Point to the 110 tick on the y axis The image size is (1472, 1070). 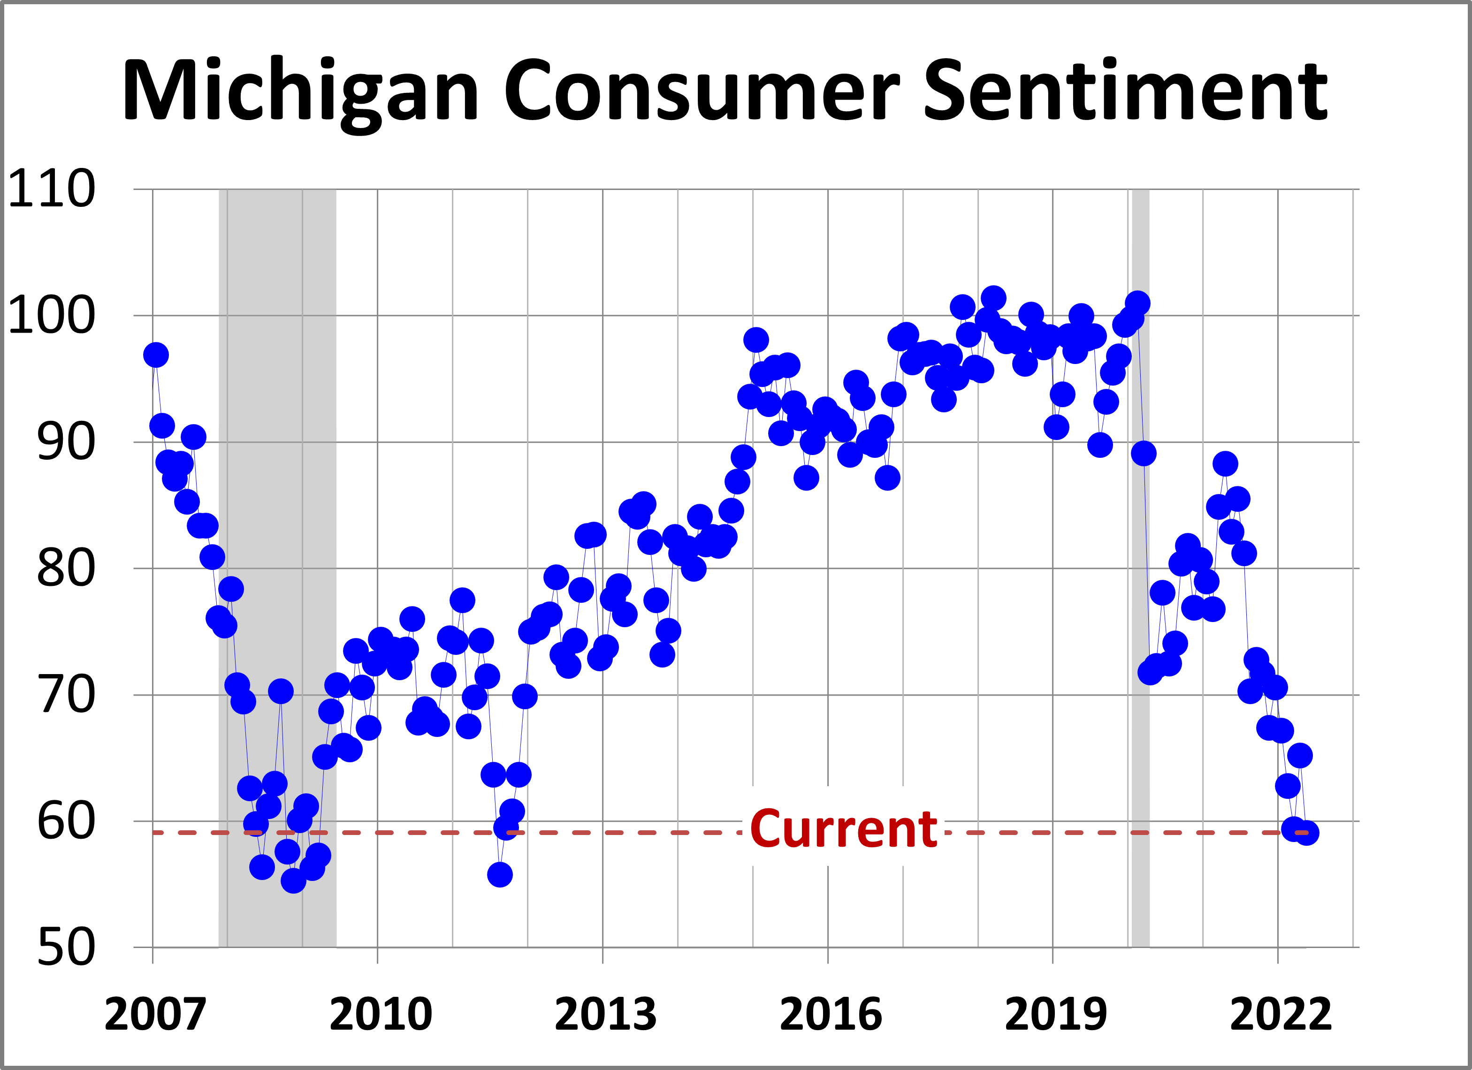(x=51, y=190)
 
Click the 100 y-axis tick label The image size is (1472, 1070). (x=51, y=316)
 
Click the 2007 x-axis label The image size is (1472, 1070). (x=154, y=1014)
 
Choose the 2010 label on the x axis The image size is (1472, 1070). (x=381, y=1014)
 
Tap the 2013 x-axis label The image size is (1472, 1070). (x=605, y=1014)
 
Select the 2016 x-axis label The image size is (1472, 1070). (x=830, y=1014)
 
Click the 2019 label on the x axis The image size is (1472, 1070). (x=1055, y=1014)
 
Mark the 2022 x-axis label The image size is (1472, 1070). (x=1281, y=1014)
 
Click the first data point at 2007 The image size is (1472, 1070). (x=156, y=355)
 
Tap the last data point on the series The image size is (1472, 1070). (x=1306, y=833)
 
